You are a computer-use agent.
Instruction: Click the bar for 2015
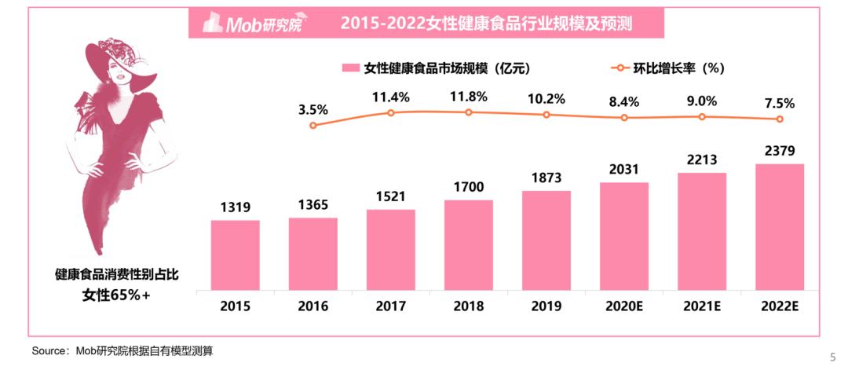point(235,254)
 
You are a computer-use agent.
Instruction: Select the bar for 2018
point(469,244)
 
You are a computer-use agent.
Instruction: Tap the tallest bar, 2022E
point(780,225)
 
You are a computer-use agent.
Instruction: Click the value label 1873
point(546,178)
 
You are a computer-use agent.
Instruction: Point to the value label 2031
point(624,169)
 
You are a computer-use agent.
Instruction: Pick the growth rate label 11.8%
point(469,97)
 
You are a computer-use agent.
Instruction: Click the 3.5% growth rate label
point(313,109)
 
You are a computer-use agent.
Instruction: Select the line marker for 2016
point(313,125)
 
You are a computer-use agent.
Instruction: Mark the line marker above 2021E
point(702,116)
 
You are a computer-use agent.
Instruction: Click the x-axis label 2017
point(391,306)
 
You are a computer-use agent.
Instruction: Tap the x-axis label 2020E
point(624,306)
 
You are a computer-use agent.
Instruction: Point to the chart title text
point(487,24)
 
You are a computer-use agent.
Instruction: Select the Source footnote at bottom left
point(122,350)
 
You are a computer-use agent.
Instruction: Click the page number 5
point(833,356)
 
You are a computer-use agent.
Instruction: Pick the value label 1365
point(313,204)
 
